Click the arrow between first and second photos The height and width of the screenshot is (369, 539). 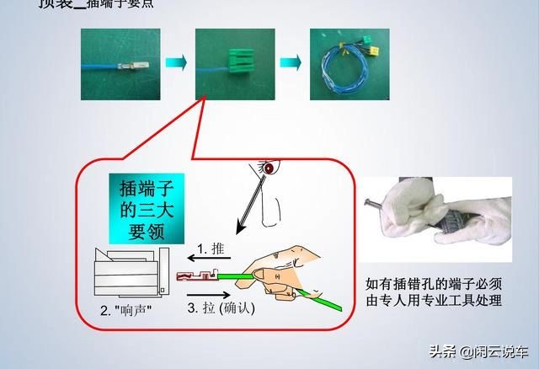click(x=175, y=64)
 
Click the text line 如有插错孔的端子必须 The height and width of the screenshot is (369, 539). click(x=434, y=284)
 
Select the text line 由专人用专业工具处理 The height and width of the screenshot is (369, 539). click(x=434, y=300)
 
